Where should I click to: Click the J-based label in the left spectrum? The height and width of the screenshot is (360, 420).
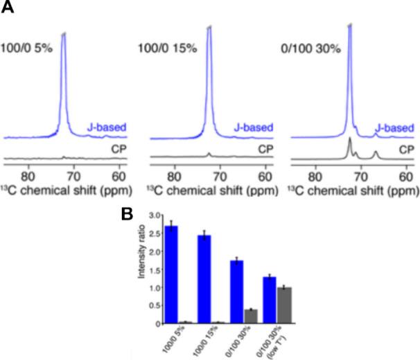pyautogui.click(x=105, y=127)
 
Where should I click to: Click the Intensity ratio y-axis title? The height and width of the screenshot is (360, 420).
pyautogui.click(x=140, y=269)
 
